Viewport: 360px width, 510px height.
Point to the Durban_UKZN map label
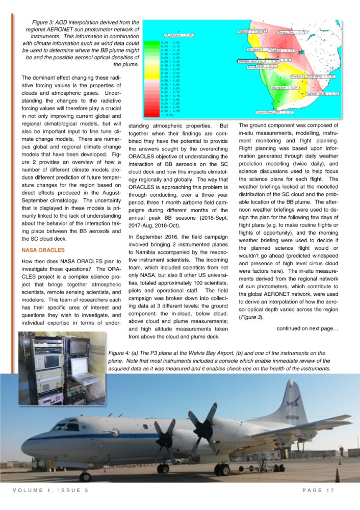pos(323,94)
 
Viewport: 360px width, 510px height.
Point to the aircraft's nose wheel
pos(86,477)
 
